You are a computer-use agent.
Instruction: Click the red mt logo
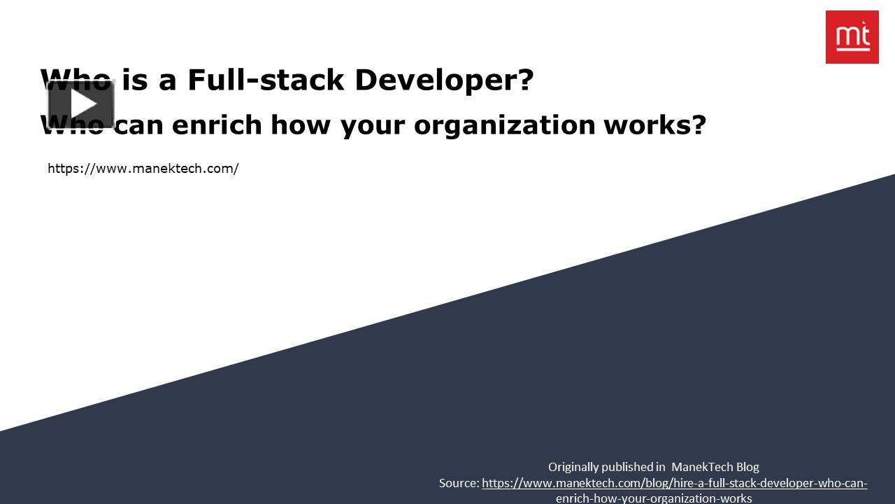[x=852, y=37]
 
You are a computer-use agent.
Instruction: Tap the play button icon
[x=82, y=104]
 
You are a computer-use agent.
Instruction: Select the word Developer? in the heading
[x=444, y=80]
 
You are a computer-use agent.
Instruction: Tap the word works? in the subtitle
[x=654, y=125]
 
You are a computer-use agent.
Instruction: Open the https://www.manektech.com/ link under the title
[x=143, y=169]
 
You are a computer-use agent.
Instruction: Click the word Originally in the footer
[x=573, y=467]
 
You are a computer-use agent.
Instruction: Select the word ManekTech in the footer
[x=702, y=467]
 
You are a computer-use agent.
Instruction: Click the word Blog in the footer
[x=747, y=467]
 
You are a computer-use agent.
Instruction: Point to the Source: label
[x=459, y=483]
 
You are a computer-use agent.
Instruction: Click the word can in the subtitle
[x=140, y=125]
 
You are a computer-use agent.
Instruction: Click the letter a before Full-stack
[x=167, y=80]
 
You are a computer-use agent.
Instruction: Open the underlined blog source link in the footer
[x=674, y=483]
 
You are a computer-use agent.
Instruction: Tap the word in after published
[x=660, y=467]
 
